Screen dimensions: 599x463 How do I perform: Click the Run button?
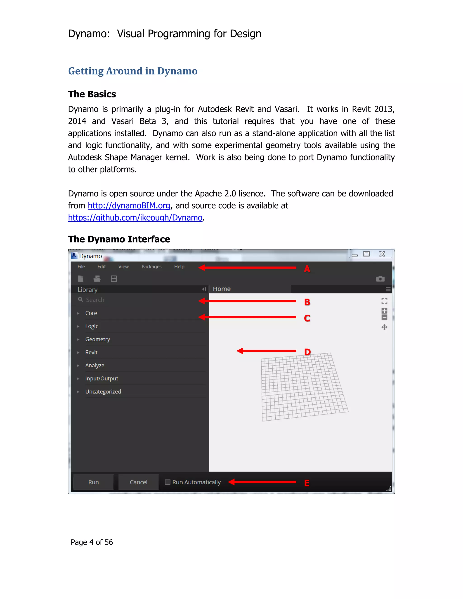[x=94, y=482]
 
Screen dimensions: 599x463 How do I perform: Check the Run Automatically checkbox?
[x=168, y=482]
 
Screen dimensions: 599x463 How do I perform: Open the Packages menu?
[x=151, y=266]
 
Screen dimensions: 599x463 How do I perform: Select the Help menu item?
[x=179, y=266]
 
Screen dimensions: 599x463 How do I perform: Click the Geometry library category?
[x=97, y=339]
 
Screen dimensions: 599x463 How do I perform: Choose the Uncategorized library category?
[x=103, y=392]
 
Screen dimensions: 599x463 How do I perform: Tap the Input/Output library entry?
[x=102, y=378]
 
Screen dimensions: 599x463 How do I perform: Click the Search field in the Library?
[x=137, y=300]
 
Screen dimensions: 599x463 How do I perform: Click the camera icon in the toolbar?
[x=380, y=279]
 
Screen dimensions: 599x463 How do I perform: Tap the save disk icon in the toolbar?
[x=114, y=279]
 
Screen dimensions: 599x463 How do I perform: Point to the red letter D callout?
[x=307, y=352]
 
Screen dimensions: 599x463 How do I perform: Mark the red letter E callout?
[x=307, y=483]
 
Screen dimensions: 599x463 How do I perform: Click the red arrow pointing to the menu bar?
[x=247, y=268]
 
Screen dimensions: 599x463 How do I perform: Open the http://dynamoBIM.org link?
[x=129, y=206]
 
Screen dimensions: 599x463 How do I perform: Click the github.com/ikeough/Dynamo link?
[x=135, y=218]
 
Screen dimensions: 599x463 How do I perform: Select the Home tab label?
[x=222, y=289]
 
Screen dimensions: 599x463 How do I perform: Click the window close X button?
[x=382, y=254]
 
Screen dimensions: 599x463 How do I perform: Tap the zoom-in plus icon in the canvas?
[x=384, y=311]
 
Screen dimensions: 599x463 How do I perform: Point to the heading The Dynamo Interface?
[x=119, y=239]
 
